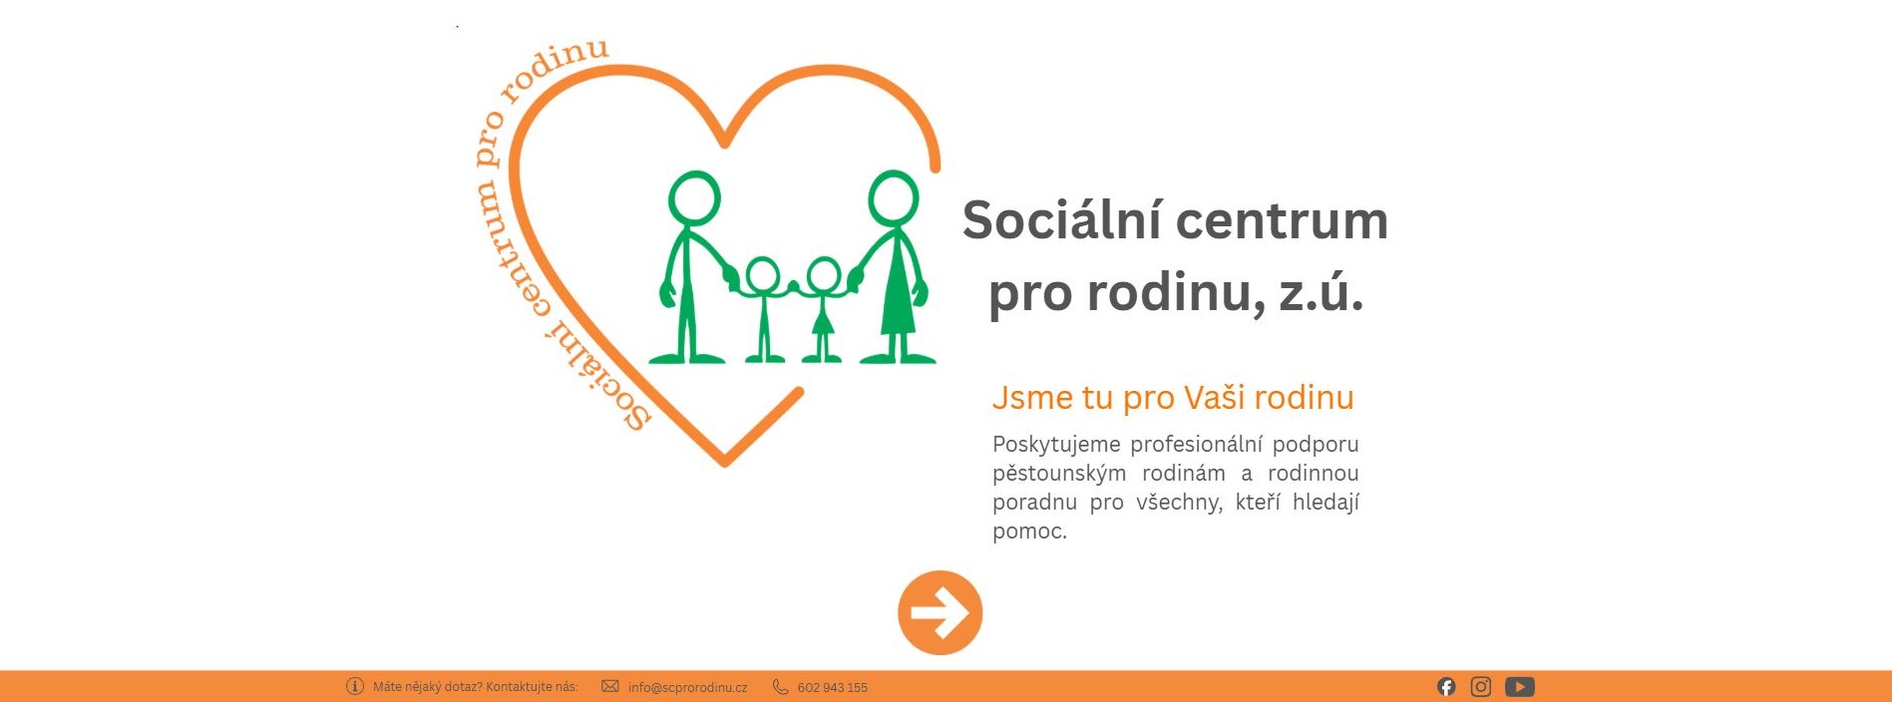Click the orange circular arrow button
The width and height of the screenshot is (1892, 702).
[940, 612]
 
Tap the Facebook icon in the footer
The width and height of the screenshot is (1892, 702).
[1446, 686]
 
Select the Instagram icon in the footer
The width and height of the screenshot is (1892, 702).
[1481, 686]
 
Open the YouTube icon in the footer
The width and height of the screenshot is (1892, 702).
[1520, 686]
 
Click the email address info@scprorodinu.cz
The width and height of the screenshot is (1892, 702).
[687, 687]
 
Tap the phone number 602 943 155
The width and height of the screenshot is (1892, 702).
[832, 687]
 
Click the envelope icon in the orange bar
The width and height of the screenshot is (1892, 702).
[610, 686]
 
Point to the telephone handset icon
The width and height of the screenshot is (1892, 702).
[780, 686]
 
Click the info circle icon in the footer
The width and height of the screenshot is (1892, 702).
[355, 686]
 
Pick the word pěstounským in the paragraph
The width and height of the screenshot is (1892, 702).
[1059, 473]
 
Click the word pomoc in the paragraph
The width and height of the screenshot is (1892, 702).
[1027, 530]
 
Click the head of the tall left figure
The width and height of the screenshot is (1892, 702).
[694, 197]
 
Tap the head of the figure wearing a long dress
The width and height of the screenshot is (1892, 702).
[893, 197]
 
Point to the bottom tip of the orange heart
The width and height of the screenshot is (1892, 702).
[725, 462]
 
